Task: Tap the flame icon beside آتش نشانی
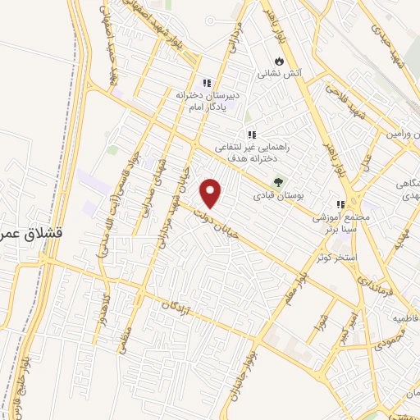click(280, 61)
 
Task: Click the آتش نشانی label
click(281, 73)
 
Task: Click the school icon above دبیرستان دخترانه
click(208, 83)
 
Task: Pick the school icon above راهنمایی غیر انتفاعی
click(252, 135)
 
